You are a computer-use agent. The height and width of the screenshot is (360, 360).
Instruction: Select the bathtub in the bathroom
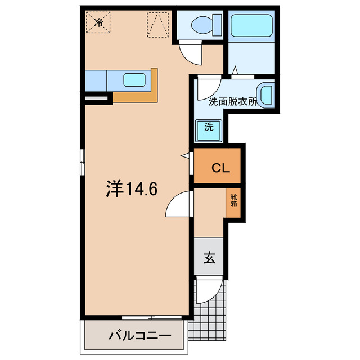pos(251,26)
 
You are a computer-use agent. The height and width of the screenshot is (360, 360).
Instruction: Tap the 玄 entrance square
pos(209,259)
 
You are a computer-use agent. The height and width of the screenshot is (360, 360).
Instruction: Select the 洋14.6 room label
pos(132,189)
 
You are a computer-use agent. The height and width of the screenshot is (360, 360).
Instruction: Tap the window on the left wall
pos(83,161)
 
